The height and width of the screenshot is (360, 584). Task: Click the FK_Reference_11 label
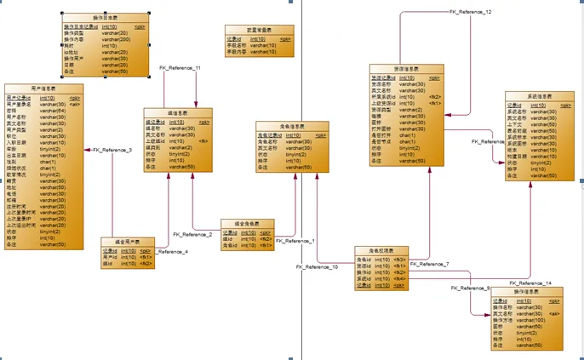click(x=180, y=67)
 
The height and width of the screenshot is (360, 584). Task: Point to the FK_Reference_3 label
click(x=112, y=150)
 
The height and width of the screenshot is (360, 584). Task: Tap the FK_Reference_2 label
click(x=192, y=234)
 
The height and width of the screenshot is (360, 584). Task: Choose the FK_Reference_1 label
click(x=295, y=241)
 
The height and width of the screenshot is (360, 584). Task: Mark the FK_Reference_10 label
click(x=317, y=267)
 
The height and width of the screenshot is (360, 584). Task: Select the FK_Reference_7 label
click(x=429, y=264)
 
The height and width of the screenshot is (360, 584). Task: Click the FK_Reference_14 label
click(x=530, y=283)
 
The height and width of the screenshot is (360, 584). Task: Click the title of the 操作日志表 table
click(x=106, y=18)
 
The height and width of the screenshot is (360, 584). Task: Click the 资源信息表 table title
click(x=409, y=69)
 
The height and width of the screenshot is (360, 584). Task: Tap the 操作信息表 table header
click(x=528, y=293)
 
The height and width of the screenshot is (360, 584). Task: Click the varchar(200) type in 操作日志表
click(x=117, y=39)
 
